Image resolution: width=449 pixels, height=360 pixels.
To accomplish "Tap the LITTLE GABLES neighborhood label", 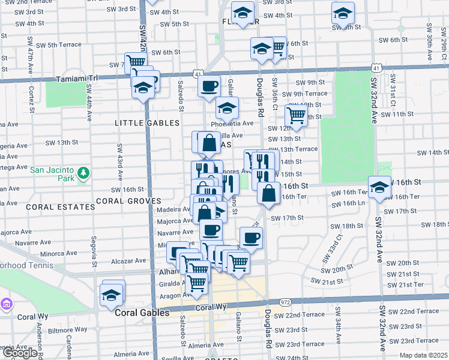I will (147, 122).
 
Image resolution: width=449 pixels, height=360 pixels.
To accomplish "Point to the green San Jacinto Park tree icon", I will (83, 174).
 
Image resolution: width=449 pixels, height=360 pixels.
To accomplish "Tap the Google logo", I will (20, 353).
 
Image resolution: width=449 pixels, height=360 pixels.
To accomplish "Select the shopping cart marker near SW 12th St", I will (296, 115).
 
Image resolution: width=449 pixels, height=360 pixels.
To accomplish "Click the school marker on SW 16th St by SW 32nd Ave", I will (379, 188).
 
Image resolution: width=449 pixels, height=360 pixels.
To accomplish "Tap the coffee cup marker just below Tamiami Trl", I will (209, 86).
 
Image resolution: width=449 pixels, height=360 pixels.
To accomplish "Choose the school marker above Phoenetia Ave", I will (227, 108).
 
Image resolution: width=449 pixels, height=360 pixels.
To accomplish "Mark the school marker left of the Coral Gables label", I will (112, 294).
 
